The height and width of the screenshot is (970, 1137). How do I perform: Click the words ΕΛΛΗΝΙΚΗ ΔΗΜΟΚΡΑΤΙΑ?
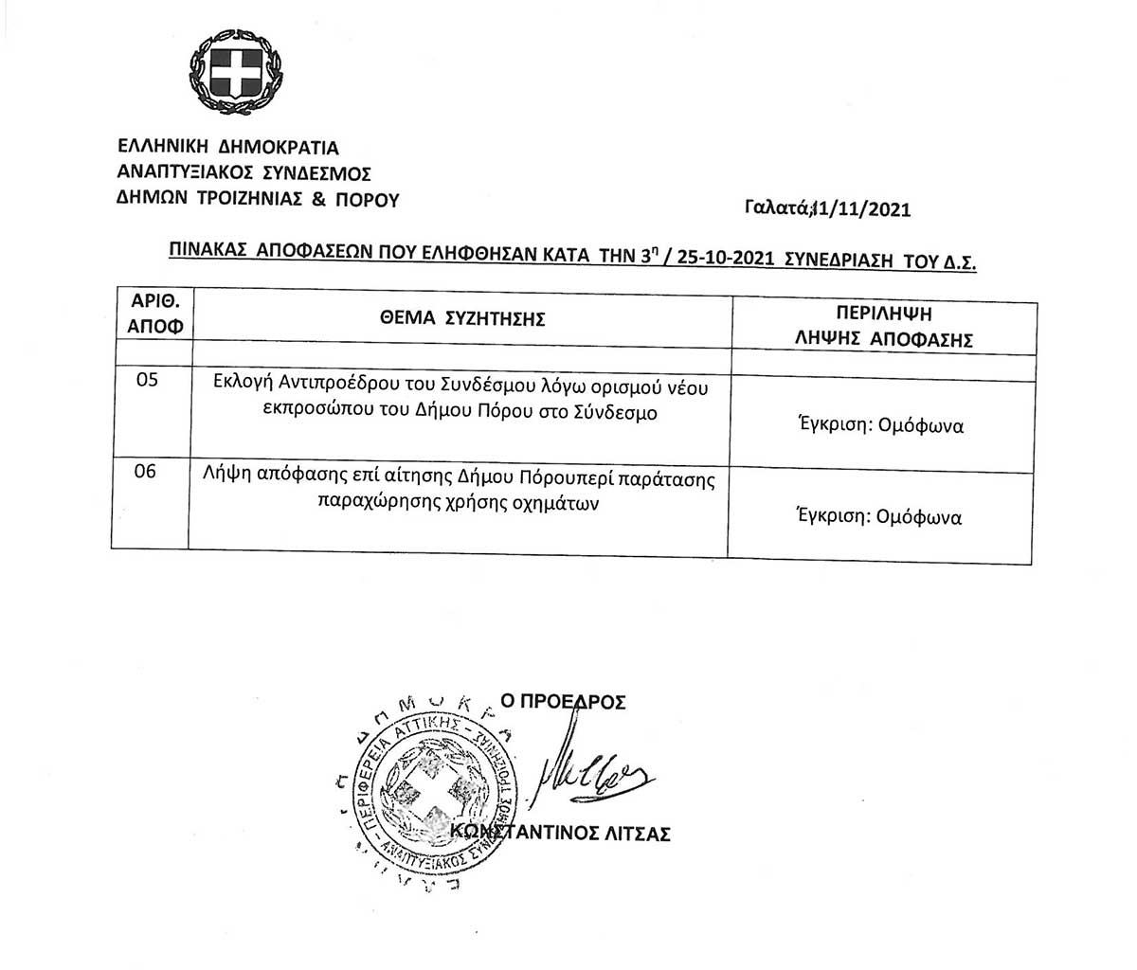[227, 148]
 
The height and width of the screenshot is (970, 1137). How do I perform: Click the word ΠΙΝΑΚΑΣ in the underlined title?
[208, 251]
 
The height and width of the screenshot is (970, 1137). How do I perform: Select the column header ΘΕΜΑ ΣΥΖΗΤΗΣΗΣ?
[461, 319]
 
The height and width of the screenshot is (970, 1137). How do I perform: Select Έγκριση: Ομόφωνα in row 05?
[880, 426]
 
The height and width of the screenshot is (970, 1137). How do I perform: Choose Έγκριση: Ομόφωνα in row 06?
[879, 517]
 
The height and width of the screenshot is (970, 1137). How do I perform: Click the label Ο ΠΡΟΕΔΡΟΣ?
[563, 702]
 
